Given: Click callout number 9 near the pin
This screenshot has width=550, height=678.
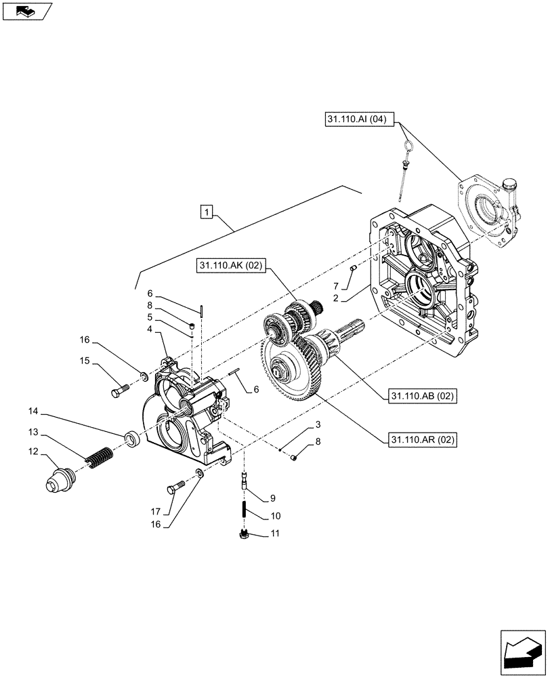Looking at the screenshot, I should (272, 499).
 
